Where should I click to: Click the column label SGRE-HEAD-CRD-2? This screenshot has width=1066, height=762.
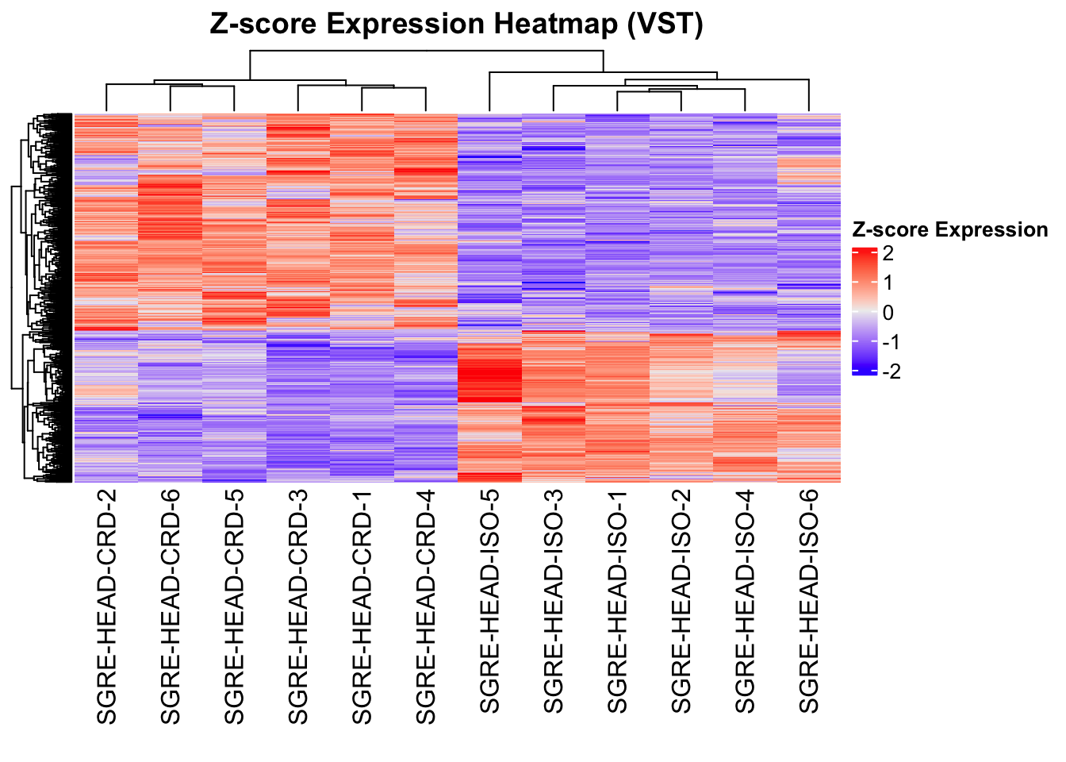click(106, 607)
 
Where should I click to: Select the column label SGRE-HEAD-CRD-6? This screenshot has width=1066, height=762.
click(171, 607)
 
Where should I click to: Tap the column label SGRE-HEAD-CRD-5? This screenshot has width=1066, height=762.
click(234, 607)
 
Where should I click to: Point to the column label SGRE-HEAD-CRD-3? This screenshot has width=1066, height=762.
click(298, 607)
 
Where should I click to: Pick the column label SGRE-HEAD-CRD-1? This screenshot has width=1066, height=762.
click(362, 607)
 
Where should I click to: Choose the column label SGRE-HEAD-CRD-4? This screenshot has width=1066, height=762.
click(426, 607)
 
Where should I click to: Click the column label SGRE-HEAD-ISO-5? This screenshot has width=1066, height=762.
click(489, 602)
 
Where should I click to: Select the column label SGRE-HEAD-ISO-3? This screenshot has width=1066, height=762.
click(554, 602)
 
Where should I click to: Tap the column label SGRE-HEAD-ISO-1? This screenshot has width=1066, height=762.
click(617, 602)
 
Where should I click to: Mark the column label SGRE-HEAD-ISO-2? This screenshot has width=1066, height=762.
click(681, 602)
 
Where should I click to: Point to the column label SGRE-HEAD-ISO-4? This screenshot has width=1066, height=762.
click(745, 602)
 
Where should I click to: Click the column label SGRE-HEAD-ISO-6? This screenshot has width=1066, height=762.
click(809, 602)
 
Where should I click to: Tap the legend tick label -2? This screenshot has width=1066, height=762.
click(892, 371)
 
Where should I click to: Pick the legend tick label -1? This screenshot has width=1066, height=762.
click(892, 342)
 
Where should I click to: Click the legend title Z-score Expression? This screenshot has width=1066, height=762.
click(949, 230)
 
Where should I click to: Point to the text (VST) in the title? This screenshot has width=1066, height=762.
click(665, 25)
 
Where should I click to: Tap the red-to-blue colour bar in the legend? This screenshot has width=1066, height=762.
click(865, 311)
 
